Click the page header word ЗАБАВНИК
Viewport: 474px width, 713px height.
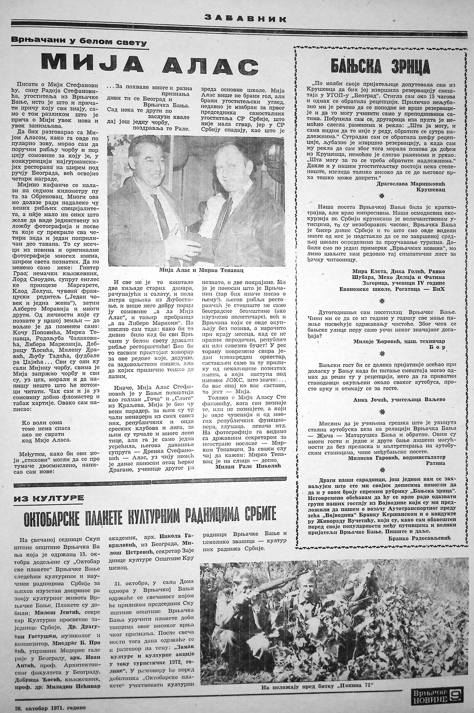pyautogui.click(x=245, y=19)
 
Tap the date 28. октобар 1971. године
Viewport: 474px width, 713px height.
pyautogui.click(x=50, y=706)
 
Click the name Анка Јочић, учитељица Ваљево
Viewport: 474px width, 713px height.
pyautogui.click(x=399, y=400)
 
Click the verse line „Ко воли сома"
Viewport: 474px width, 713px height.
pyautogui.click(x=42, y=423)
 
